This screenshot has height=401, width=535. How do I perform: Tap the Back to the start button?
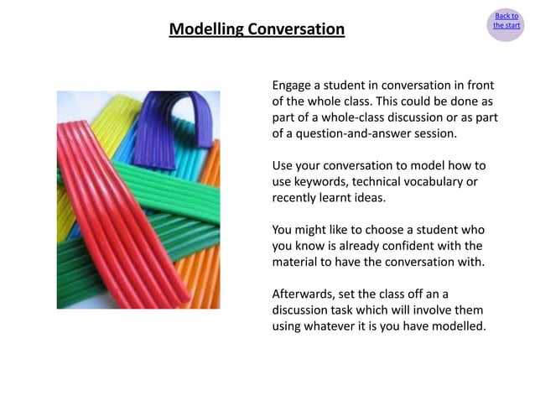[x=506, y=21]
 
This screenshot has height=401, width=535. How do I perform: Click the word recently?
[x=298, y=197]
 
